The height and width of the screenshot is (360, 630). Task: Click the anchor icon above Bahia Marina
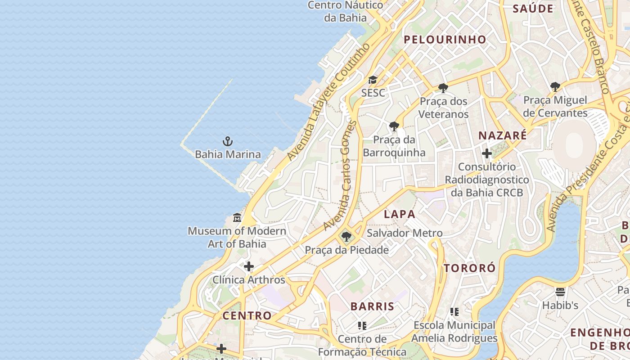click(x=228, y=142)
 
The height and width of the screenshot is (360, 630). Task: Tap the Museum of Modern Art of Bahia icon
click(x=237, y=218)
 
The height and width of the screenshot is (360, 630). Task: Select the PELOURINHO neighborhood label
click(x=445, y=40)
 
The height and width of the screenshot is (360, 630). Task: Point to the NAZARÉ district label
click(x=502, y=135)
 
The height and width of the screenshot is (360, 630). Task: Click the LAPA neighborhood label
click(x=400, y=214)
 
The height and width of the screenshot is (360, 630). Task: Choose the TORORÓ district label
click(x=470, y=268)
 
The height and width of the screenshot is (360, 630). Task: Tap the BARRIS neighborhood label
click(x=372, y=306)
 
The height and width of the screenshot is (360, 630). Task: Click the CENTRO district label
click(x=247, y=315)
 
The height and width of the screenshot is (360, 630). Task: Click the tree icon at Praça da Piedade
click(x=346, y=237)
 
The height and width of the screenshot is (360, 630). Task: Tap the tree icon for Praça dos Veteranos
click(x=443, y=88)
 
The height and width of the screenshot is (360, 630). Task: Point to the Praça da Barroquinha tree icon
click(x=394, y=126)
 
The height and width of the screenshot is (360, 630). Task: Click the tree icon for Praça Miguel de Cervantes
click(x=555, y=86)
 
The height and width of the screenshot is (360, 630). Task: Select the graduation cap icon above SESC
click(x=373, y=80)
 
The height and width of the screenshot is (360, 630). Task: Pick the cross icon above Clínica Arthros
click(x=249, y=266)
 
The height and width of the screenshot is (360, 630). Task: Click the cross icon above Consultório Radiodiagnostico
click(x=487, y=153)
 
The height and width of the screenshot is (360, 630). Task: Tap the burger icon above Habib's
click(x=560, y=292)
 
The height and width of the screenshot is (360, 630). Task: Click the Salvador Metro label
click(x=405, y=233)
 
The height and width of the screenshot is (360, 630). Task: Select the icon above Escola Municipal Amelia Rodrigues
click(x=454, y=311)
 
